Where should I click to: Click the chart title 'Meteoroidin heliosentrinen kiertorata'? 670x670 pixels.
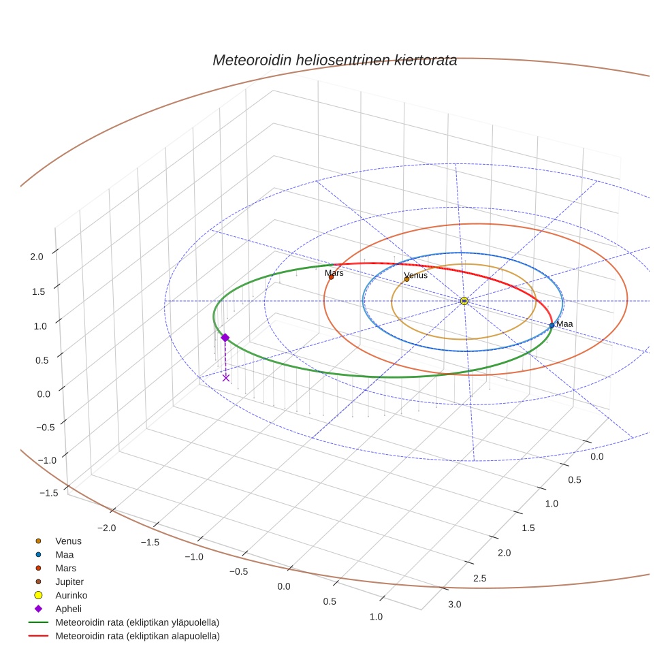coord(334,60)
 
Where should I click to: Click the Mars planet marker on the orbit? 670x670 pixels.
coord(331,277)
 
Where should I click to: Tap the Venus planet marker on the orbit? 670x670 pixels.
coord(406,279)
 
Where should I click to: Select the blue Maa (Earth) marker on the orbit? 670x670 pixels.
coord(552,325)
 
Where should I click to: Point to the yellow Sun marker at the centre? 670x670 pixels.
coord(464,301)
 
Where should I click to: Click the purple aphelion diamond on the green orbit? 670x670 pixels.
coord(225,338)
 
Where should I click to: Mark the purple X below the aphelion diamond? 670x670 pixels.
coord(226,377)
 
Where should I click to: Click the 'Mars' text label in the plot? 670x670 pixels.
coord(334,272)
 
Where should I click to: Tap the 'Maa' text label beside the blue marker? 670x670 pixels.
coord(564,324)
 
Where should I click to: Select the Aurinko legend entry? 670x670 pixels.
coord(71,595)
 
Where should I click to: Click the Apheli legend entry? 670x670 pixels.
coord(68,609)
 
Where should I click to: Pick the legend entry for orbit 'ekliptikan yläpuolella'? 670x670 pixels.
coord(136,622)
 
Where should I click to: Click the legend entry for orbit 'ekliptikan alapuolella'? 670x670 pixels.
coord(136,636)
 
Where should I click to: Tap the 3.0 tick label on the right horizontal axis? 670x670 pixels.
coord(454,605)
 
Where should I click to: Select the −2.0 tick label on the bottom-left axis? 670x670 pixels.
coord(106,528)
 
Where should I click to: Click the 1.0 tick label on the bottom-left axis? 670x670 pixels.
coord(375,617)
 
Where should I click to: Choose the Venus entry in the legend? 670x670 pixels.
coord(68,541)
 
